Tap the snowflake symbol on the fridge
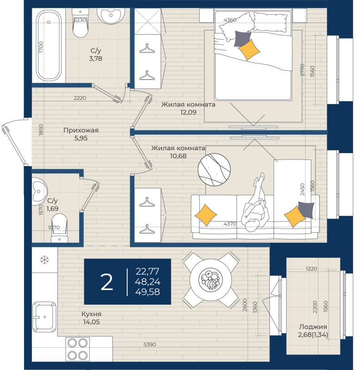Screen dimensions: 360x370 coord(44,260)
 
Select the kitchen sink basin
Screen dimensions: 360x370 coord(44,317)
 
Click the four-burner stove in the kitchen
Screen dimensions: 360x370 coord(77,349)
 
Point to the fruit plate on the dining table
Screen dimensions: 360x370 coord(211,280)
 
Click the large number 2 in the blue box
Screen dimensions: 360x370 coord(106,282)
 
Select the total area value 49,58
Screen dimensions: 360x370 coord(148,292)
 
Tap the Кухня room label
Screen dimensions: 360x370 coord(91,314)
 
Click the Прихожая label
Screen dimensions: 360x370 coord(81,130)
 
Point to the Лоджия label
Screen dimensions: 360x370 coord(313,327)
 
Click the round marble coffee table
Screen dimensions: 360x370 coord(214,169)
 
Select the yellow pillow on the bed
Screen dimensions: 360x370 coord(249,50)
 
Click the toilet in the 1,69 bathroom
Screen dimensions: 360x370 coord(59,228)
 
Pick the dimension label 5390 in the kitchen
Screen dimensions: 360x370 coord(149,345)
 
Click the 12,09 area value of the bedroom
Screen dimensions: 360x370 coord(188,112)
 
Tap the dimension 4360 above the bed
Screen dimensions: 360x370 coord(230,20)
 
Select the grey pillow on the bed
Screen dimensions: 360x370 coord(242,38)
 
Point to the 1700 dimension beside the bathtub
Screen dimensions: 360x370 coord(41,47)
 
